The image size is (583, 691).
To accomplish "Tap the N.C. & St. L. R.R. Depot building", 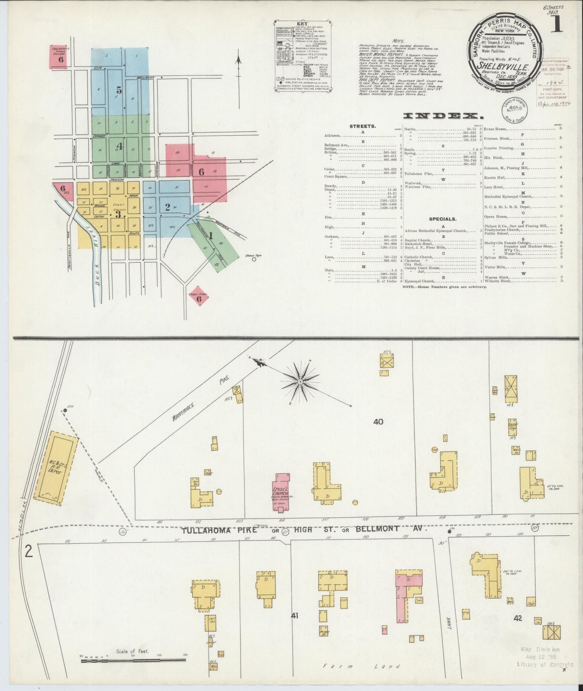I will pyautogui.click(x=56, y=468).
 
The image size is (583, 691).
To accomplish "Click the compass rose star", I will pyautogui.click(x=300, y=380).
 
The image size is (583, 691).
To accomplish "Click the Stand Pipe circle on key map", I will pyautogui.click(x=254, y=260).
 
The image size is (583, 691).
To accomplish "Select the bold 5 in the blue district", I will pyautogui.click(x=119, y=90).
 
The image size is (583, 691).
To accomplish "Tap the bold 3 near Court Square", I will pyautogui.click(x=118, y=214).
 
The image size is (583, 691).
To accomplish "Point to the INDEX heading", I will pyautogui.click(x=444, y=117).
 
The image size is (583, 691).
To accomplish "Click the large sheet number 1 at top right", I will pyautogui.click(x=556, y=25).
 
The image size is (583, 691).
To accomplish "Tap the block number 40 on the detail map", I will pyautogui.click(x=378, y=422).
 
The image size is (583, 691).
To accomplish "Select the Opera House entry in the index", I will pyautogui.click(x=496, y=216).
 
